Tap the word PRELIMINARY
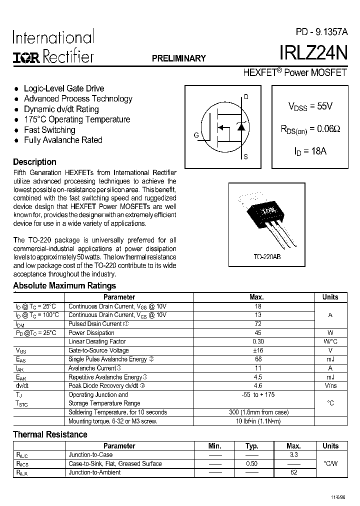pyautogui.click(x=178, y=58)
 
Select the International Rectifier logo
pyautogui.click(x=53, y=47)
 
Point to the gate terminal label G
pyautogui.click(x=196, y=135)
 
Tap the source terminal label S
pyautogui.click(x=245, y=157)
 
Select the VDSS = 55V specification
pyautogui.click(x=310, y=106)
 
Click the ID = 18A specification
pyautogui.click(x=310, y=150)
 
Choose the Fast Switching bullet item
pyautogui.click(x=49, y=130)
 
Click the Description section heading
pyautogui.click(x=34, y=162)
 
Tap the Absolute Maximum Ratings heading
pyautogui.click(x=64, y=285)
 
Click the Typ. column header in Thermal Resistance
pyautogui.click(x=251, y=446)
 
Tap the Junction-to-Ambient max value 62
pyautogui.click(x=293, y=472)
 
